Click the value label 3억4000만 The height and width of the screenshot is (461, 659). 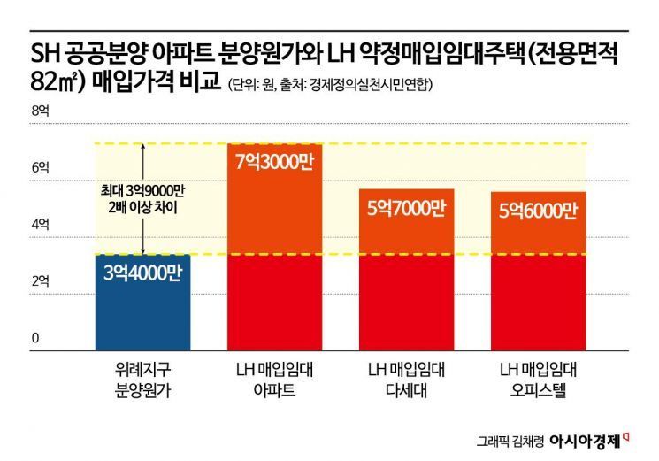pos(142,274)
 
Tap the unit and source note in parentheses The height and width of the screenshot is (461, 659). pos(331,87)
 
